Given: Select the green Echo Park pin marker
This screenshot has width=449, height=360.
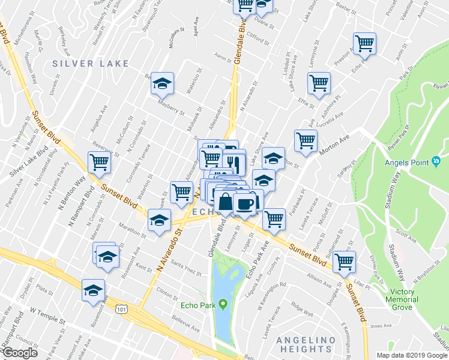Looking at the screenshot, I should tap(223, 305).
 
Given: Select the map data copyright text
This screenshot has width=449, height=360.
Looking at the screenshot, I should tap(411, 355).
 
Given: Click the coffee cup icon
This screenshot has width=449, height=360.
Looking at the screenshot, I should tap(245, 203).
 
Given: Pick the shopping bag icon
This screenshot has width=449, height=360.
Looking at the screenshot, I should tap(225, 203).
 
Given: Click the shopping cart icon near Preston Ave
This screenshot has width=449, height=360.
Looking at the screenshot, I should tap(364, 43).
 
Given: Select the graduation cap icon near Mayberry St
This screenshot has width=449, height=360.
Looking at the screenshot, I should tap(161, 84).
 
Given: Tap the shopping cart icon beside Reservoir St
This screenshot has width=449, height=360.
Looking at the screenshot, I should tap(98, 161).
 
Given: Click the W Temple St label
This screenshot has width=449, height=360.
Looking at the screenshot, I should tap(46, 314).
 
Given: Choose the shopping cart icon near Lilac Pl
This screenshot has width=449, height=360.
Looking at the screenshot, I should tap(345, 261).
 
